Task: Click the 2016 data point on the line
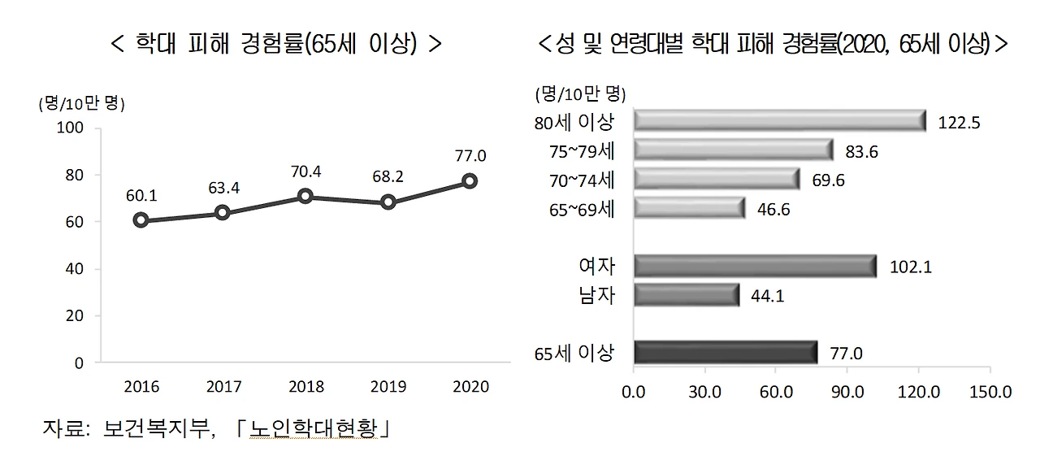click(x=141, y=219)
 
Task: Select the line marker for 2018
click(x=305, y=196)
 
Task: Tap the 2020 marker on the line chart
click(x=469, y=180)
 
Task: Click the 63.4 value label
click(x=223, y=189)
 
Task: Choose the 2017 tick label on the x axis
click(x=223, y=387)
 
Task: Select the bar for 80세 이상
click(x=778, y=120)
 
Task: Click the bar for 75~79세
click(x=732, y=150)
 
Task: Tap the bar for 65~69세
click(x=688, y=208)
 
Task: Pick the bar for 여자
click(x=754, y=266)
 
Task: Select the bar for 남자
click(x=686, y=294)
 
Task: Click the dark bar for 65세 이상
click(x=725, y=352)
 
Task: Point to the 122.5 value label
click(x=959, y=124)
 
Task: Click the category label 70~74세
click(x=583, y=180)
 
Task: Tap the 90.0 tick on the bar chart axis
click(x=847, y=392)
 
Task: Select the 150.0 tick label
click(x=990, y=392)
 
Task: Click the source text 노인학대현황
click(x=314, y=428)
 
